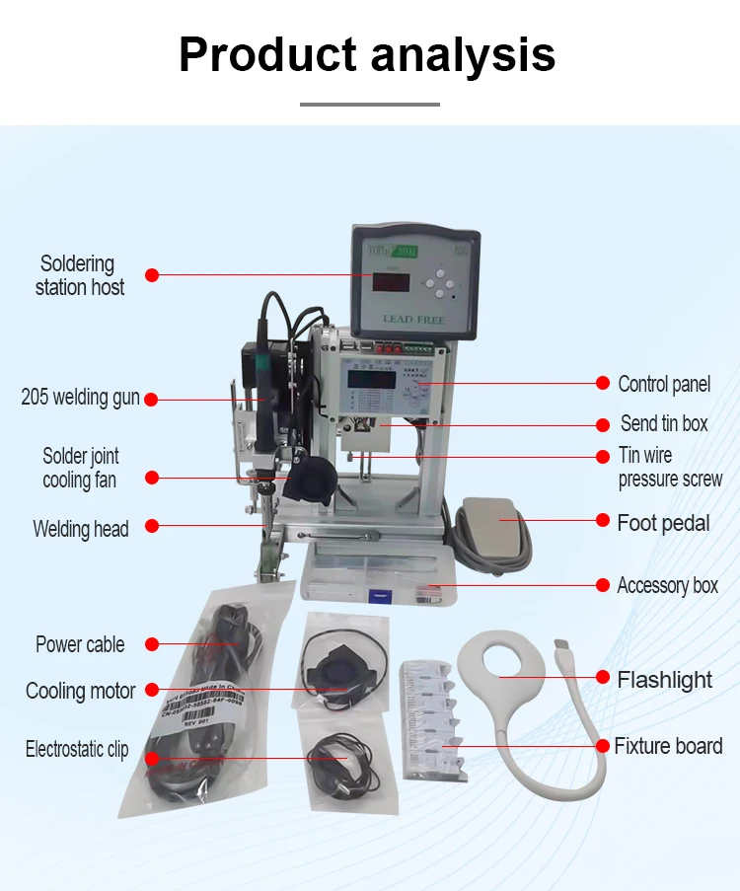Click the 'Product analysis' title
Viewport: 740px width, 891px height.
tap(367, 55)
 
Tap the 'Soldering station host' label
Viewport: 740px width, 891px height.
tap(79, 275)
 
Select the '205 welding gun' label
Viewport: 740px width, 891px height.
tap(80, 398)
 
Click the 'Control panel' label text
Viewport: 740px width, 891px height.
tap(663, 384)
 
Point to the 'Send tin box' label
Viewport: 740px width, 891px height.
tap(663, 423)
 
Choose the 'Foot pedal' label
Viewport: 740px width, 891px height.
tap(662, 522)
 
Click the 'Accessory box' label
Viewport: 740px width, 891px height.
tap(667, 585)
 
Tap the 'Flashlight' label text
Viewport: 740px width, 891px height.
tap(664, 680)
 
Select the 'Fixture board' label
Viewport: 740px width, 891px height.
tap(668, 746)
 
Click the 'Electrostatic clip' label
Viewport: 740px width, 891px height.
tap(77, 750)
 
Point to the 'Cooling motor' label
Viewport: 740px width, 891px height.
tap(80, 691)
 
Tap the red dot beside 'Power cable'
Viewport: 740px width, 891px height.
tap(151, 644)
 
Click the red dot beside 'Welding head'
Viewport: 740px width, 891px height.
tap(151, 527)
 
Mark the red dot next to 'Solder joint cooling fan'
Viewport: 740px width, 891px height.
tap(151, 478)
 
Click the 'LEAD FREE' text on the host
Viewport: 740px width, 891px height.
tap(412, 320)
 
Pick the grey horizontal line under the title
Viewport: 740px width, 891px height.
tap(369, 104)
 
